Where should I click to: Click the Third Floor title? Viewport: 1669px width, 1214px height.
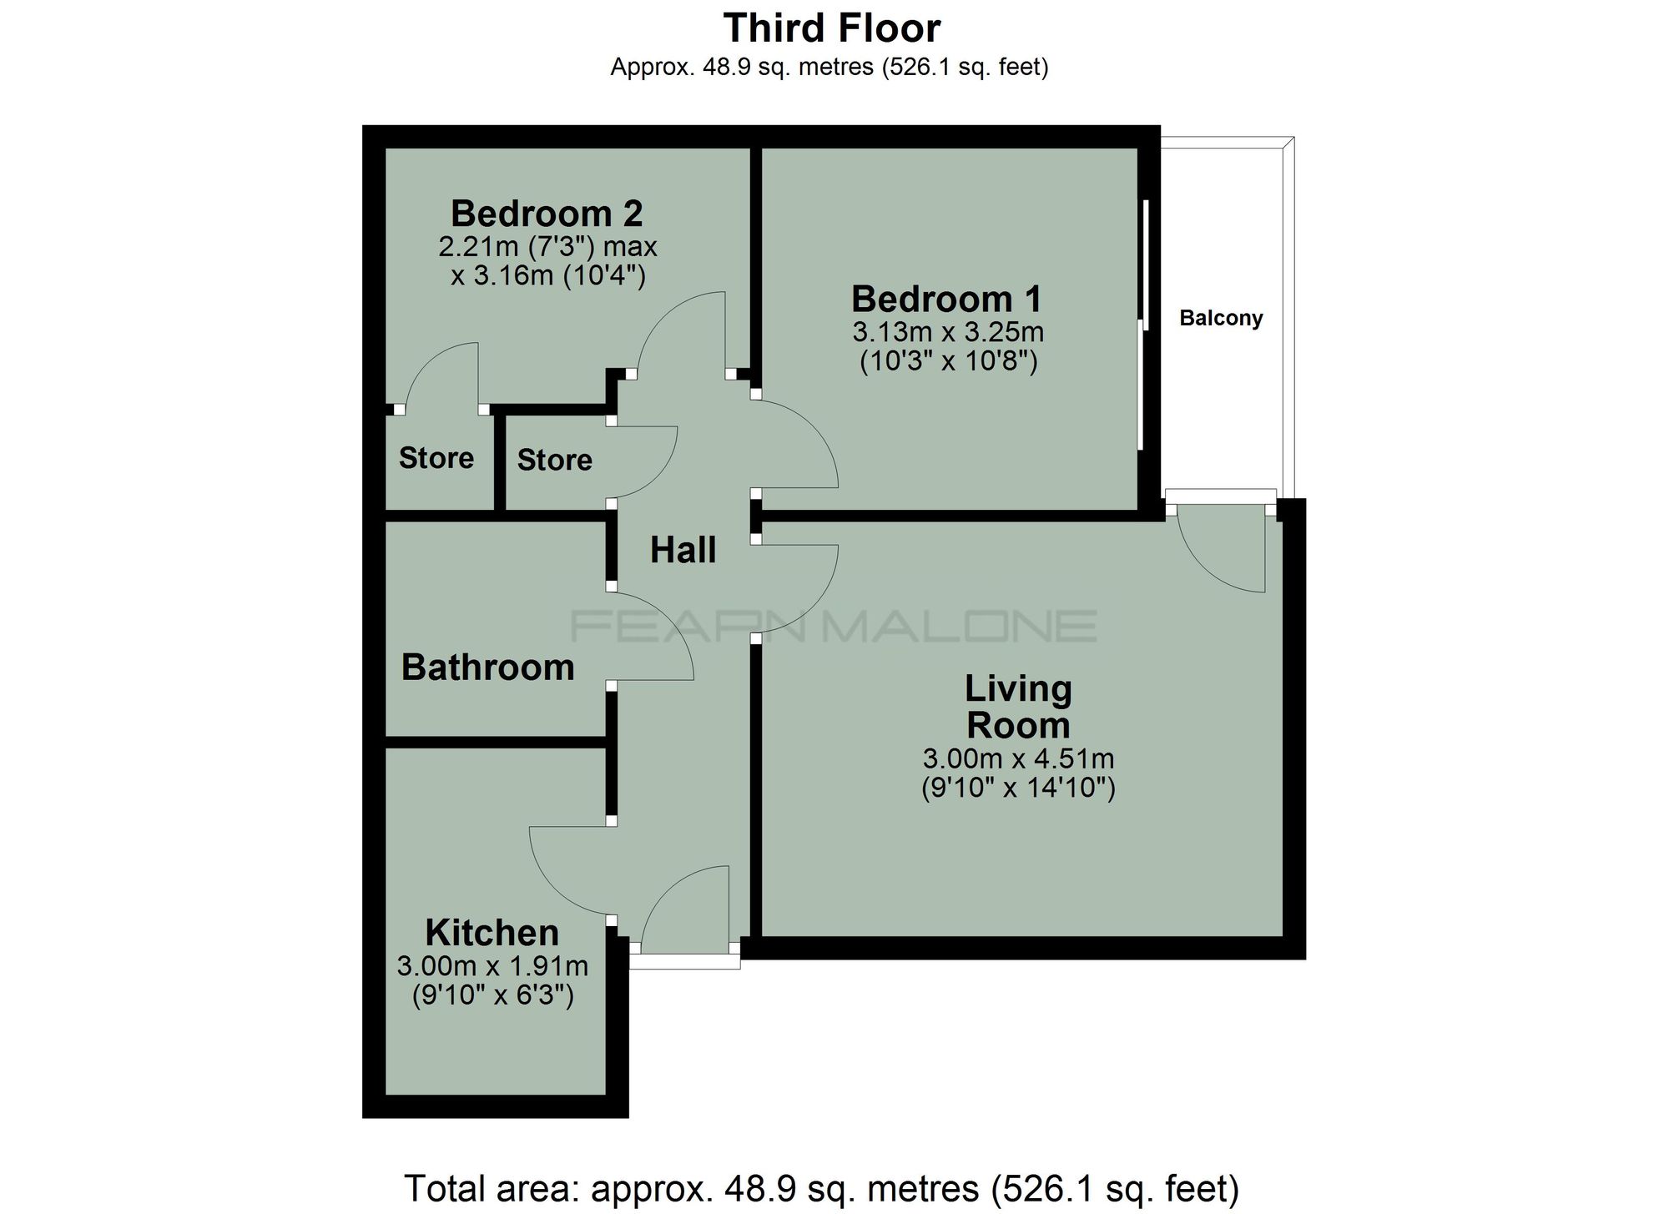(832, 28)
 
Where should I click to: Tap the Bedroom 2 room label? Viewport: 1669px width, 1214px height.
(547, 214)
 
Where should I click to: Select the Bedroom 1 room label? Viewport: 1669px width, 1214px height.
(947, 299)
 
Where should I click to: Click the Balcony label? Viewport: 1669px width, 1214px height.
(1221, 318)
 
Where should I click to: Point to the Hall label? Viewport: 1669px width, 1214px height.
(683, 550)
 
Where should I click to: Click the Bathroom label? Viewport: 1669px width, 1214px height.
(488, 667)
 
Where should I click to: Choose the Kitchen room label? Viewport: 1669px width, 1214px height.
(492, 932)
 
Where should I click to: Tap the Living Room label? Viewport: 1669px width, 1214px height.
(1018, 707)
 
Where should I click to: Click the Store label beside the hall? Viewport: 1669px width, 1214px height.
(555, 460)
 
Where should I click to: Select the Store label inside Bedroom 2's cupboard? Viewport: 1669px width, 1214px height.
(436, 458)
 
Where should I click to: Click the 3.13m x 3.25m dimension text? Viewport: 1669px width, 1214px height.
(948, 332)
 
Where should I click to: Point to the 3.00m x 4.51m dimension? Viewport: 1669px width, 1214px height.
(1018, 758)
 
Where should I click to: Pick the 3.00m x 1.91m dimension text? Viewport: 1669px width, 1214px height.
(492, 966)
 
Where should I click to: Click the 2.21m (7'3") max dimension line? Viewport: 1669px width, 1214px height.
(547, 247)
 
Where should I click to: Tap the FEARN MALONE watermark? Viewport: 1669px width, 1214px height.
(834, 626)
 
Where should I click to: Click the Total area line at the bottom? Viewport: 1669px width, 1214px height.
(822, 1188)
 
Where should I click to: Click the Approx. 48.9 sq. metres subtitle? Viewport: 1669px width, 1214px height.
(829, 67)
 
